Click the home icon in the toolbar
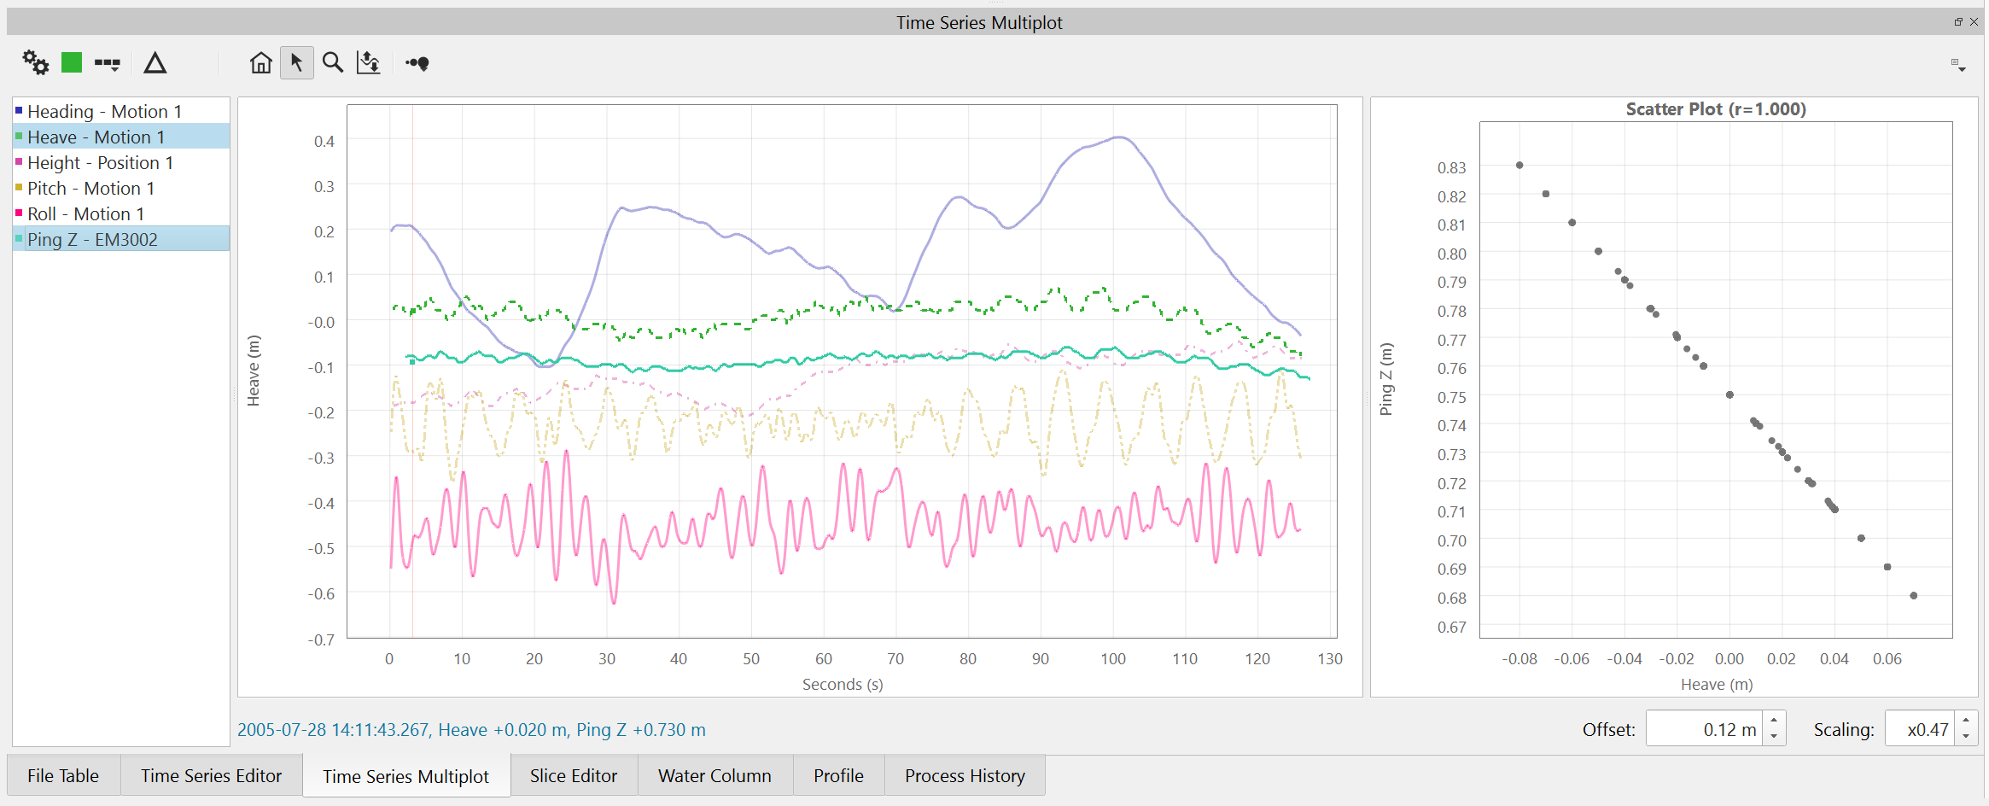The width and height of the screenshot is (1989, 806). [x=261, y=62]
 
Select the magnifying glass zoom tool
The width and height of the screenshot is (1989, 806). [x=333, y=62]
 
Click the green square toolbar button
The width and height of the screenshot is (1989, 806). [x=72, y=62]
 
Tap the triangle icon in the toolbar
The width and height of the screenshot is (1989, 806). [x=155, y=62]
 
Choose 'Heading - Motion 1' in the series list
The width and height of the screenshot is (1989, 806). [x=104, y=111]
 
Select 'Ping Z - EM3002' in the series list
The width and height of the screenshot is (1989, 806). [x=92, y=239]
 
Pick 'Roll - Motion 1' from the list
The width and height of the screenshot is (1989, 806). [x=85, y=213]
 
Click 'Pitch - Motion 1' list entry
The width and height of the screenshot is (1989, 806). [x=90, y=188]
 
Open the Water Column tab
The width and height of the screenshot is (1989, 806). [x=715, y=775]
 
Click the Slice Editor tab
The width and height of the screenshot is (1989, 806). [x=573, y=775]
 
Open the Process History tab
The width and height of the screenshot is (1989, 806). [x=965, y=775]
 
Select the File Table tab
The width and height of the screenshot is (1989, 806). [x=63, y=775]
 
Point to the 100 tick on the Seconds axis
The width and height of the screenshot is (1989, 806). [x=1112, y=658]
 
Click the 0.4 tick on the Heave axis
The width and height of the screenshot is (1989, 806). [x=324, y=141]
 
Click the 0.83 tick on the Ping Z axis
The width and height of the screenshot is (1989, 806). [x=1451, y=167]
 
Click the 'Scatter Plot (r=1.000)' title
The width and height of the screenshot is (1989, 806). [x=1715, y=109]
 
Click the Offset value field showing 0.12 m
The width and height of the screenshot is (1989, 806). [x=1704, y=729]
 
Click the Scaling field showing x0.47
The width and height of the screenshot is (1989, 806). [x=1921, y=729]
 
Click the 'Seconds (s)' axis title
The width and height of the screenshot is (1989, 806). [x=843, y=684]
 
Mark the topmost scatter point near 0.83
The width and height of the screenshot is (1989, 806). [x=1519, y=165]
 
